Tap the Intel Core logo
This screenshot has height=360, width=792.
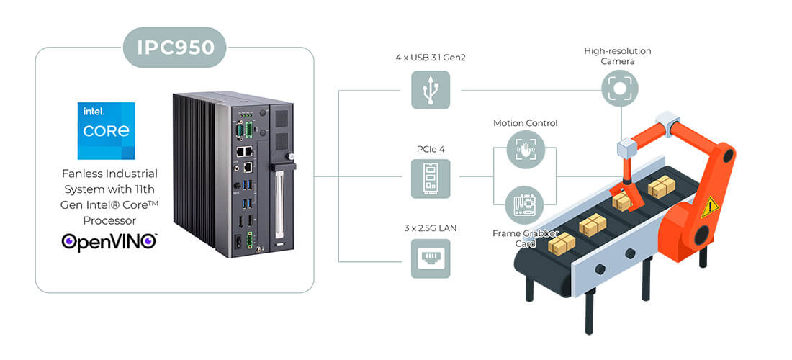(106, 131)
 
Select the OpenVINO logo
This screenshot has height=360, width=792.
(109, 242)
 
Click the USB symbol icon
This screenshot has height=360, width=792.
(431, 90)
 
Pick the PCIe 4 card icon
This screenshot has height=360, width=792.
(431, 179)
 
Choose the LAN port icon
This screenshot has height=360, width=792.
(431, 258)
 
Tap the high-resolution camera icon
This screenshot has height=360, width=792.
(620, 89)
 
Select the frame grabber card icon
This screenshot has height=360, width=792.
(526, 205)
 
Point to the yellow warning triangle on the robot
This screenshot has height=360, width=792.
(709, 207)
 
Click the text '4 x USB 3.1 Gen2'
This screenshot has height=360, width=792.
(431, 58)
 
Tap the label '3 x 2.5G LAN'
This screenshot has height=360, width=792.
(431, 228)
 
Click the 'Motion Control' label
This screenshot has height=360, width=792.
(526, 122)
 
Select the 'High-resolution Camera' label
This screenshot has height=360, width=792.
(617, 56)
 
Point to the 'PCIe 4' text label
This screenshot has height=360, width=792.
(431, 149)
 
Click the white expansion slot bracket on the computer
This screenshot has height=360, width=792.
(277, 204)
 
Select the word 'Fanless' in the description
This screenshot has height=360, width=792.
(81, 174)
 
